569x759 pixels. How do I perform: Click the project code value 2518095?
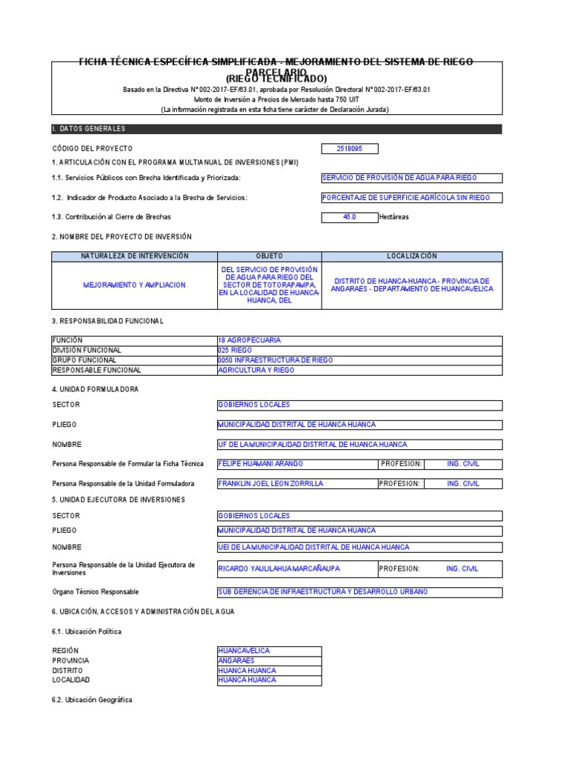click(x=349, y=149)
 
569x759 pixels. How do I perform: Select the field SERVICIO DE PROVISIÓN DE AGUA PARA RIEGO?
click(x=400, y=178)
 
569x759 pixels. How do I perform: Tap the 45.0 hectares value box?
click(x=349, y=217)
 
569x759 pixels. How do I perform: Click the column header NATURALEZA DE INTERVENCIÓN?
click(x=134, y=256)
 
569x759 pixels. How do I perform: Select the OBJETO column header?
click(x=269, y=256)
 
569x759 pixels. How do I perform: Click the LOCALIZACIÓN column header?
click(x=412, y=256)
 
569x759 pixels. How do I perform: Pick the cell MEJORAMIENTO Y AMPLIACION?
click(x=134, y=285)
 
